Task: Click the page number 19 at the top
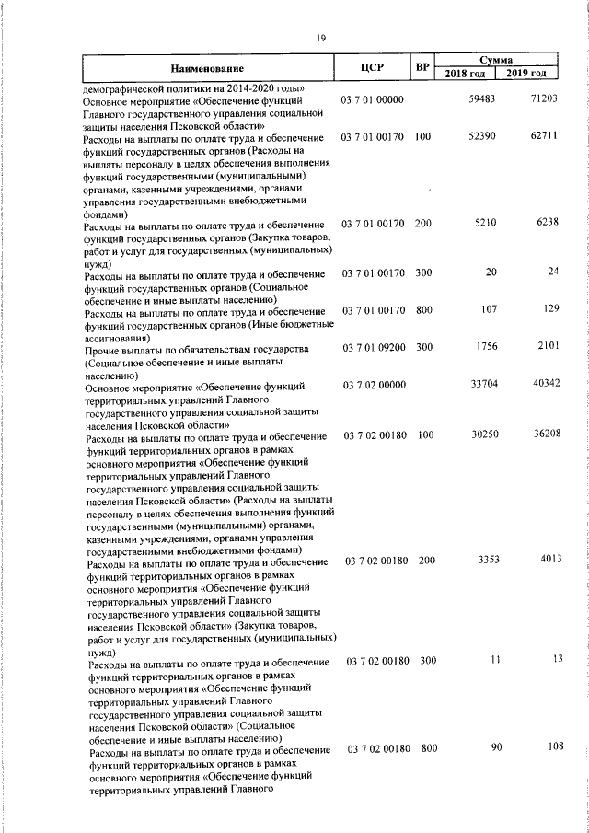(x=320, y=38)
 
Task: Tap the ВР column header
(x=422, y=67)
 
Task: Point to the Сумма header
(x=496, y=59)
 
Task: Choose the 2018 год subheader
(x=466, y=74)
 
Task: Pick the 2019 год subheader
(x=527, y=74)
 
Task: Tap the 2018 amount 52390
(x=482, y=136)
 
